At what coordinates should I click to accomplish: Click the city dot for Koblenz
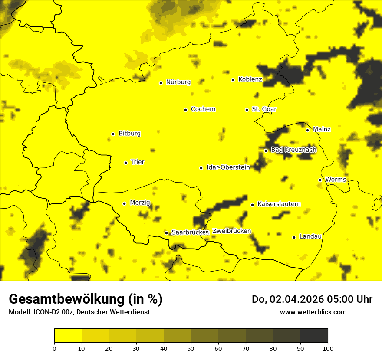pos(233,80)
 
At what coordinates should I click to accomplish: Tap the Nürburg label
pos(178,82)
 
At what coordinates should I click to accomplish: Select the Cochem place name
pos(203,109)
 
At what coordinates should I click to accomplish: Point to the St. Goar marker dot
pos(247,110)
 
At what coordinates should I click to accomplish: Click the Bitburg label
pos(129,134)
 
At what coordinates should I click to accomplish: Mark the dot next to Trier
pos(125,163)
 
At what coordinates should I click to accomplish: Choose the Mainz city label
pos(322,130)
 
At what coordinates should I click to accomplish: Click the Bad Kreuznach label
pos(293,150)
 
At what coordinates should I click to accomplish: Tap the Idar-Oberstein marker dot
pos(201,168)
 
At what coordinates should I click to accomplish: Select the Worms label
pos(336,180)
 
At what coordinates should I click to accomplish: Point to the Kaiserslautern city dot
pos(252,205)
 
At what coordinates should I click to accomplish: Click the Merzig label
pos(140,203)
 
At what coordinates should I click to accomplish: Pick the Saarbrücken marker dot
pos(166,233)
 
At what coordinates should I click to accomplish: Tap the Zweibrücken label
pos(231,231)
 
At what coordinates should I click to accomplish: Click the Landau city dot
pos(294,237)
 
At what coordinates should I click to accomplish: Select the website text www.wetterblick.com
pos(313,312)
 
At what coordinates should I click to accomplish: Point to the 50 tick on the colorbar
pos(191,348)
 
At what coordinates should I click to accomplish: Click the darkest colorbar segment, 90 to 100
pos(314,335)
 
